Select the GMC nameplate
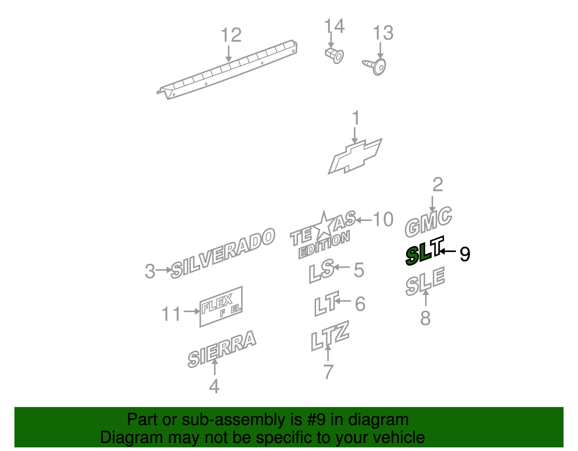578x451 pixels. tap(428, 222)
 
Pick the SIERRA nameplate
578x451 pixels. tap(222, 349)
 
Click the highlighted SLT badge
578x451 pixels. tap(424, 251)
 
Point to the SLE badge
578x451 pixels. tap(425, 281)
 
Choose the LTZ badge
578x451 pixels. tap(330, 336)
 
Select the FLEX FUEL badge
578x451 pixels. tap(221, 307)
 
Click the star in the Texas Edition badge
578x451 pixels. tap(323, 225)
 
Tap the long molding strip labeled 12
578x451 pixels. tap(227, 70)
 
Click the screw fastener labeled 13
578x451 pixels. tap(375, 66)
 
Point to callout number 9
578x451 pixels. tap(465, 254)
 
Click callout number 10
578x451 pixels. tap(383, 220)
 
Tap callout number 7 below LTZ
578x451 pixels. tap(328, 372)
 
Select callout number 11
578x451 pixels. tap(171, 314)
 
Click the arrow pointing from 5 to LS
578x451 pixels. tap(341, 267)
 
